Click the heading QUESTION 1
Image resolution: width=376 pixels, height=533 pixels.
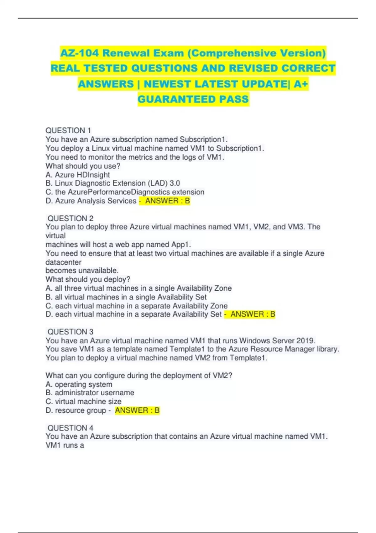[68, 130]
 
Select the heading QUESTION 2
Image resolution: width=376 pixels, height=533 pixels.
[70, 218]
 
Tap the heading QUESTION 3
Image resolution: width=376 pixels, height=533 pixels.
[70, 332]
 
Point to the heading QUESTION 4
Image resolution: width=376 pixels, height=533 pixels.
[70, 428]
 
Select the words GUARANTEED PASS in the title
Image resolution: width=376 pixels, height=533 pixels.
[193, 99]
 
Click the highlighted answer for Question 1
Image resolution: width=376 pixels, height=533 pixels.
[167, 201]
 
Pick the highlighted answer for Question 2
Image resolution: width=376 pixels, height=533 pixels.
[253, 314]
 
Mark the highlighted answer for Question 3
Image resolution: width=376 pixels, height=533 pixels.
[137, 410]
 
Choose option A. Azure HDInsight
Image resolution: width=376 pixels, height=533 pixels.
[78, 175]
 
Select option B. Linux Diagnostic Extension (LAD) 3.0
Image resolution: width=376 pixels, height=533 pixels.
[113, 183]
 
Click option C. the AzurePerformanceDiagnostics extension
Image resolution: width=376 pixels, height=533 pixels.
[125, 192]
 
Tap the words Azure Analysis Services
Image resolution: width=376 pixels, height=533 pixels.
[96, 201]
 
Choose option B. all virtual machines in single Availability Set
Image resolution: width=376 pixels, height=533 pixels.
[126, 297]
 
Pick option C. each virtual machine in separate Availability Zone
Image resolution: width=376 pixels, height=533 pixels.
[137, 306]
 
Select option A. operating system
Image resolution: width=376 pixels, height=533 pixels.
[79, 384]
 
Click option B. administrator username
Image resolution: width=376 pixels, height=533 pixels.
[90, 393]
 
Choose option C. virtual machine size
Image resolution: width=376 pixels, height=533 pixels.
[83, 401]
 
